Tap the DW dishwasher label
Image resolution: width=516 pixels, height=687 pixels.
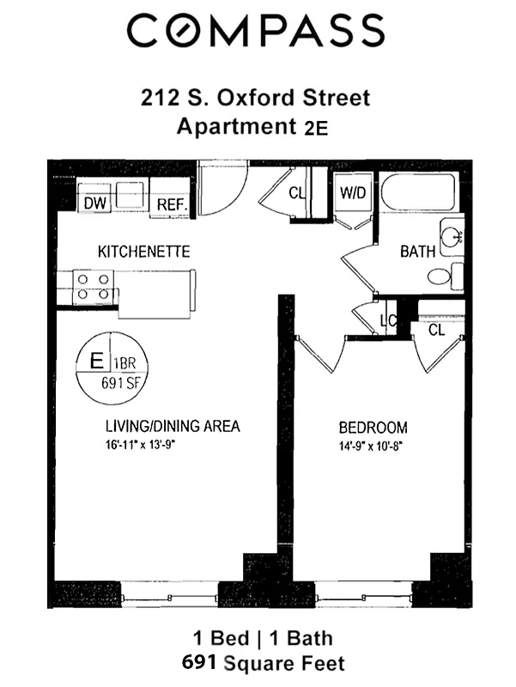coord(94,204)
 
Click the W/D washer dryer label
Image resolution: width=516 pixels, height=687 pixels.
coord(353,192)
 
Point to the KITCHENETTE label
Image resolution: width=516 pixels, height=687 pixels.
coord(143,252)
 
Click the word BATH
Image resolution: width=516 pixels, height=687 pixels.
coord(418,252)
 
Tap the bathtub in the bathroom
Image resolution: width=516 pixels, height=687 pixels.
coord(421,193)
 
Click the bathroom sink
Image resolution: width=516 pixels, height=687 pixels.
coord(451,234)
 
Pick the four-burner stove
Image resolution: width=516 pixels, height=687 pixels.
coord(94,286)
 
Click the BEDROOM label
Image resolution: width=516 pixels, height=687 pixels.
coord(373,428)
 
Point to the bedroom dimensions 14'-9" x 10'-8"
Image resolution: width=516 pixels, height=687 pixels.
coord(373,446)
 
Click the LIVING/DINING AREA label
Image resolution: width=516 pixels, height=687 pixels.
coord(173,426)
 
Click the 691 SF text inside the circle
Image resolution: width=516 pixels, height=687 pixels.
coord(120,384)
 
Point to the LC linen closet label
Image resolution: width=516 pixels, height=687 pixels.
coord(386,322)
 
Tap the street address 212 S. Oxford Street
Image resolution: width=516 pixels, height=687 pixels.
coord(256,97)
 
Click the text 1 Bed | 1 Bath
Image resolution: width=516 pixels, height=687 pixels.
coord(261,638)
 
